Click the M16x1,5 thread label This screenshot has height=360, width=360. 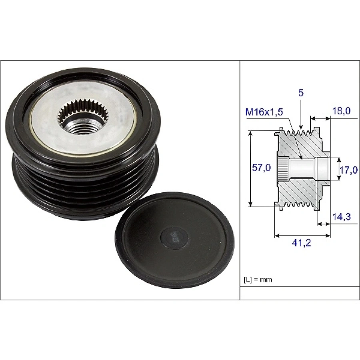coord(264,112)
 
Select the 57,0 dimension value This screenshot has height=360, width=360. coord(261,168)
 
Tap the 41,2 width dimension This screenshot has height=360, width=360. coord(302,243)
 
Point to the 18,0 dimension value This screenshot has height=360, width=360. coord(341,111)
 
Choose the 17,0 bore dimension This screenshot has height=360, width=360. coord(348,170)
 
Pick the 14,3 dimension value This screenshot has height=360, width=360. coord(342,216)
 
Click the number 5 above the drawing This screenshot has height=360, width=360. coord(301,93)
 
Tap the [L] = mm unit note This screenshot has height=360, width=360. coord(258,280)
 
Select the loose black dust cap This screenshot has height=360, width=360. coord(175,240)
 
